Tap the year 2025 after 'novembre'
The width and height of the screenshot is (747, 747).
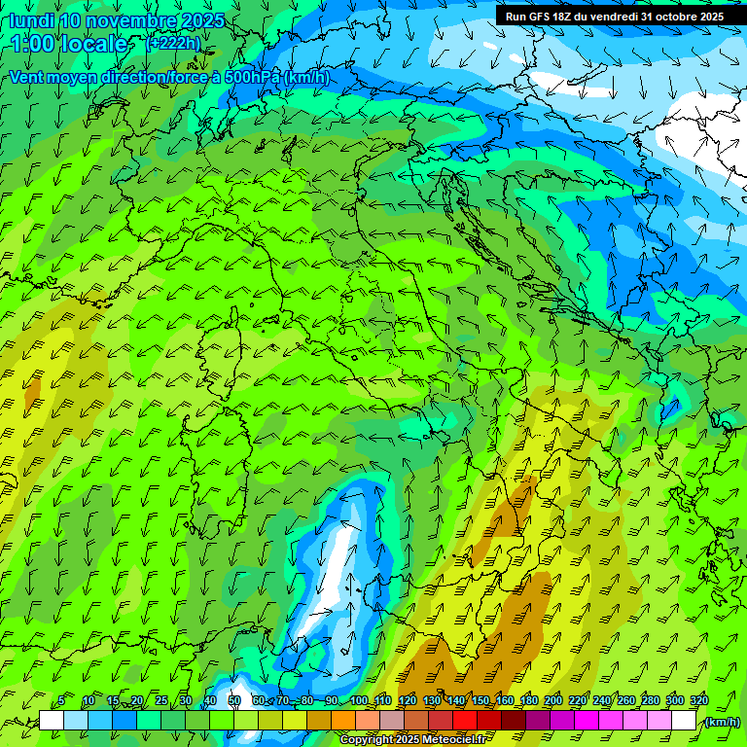click(200, 20)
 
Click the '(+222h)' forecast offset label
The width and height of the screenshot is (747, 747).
click(173, 43)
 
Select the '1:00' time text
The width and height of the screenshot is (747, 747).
click(32, 44)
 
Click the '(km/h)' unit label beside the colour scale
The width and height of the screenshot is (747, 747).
click(723, 722)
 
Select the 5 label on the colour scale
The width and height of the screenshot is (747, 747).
click(61, 701)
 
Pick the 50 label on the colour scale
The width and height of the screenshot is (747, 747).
click(234, 701)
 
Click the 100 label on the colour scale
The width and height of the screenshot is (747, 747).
click(359, 701)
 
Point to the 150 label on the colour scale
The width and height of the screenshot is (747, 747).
click(480, 701)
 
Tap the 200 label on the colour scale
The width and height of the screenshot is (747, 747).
click(553, 701)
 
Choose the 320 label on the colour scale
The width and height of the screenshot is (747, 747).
click(699, 701)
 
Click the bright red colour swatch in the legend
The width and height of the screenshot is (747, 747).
click(464, 721)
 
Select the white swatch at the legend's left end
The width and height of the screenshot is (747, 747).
click(52, 721)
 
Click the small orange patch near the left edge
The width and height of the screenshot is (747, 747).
click(32, 391)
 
